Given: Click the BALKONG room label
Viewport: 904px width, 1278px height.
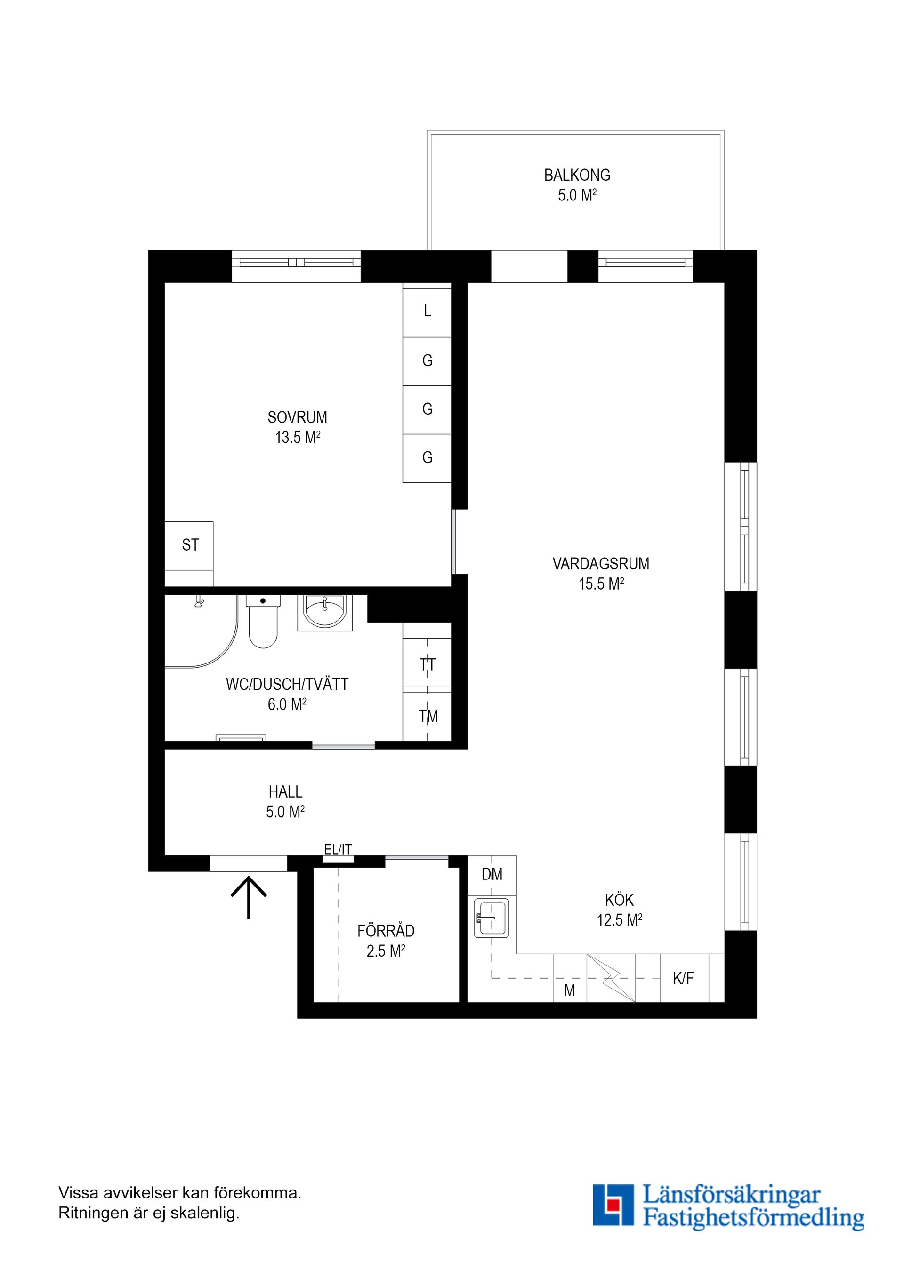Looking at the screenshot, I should (577, 176).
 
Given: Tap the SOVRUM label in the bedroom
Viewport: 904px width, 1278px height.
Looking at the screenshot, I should (297, 417).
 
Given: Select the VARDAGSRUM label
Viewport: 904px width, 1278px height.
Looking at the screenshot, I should (600, 564).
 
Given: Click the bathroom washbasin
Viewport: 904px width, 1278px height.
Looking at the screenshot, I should (325, 612).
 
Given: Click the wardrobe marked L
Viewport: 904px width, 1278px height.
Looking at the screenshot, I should (427, 312).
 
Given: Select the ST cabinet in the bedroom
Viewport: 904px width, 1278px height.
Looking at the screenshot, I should (190, 545).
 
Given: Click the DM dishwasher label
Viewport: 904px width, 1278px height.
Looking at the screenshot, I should (492, 874).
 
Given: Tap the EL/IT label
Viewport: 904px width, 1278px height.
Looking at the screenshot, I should (338, 849).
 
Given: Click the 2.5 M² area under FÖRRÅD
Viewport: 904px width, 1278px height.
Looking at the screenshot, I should (386, 951).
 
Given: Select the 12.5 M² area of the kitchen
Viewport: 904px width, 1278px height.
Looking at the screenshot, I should (619, 920).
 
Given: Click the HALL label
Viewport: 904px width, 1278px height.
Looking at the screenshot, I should (285, 791).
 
